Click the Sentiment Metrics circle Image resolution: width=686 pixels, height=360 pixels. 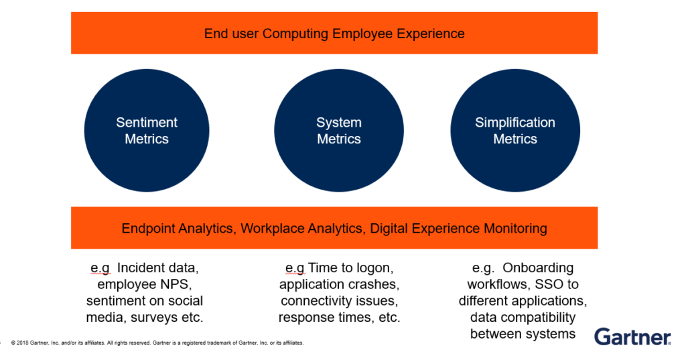(x=147, y=131)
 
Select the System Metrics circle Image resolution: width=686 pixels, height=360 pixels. (x=339, y=131)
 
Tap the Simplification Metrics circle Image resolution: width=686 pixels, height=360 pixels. (x=515, y=131)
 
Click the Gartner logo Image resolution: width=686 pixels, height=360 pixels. (x=632, y=337)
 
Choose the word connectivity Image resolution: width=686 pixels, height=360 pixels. (x=316, y=301)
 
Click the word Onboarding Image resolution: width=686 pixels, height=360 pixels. (x=538, y=268)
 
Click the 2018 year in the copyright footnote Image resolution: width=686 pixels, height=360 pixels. (x=22, y=343)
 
